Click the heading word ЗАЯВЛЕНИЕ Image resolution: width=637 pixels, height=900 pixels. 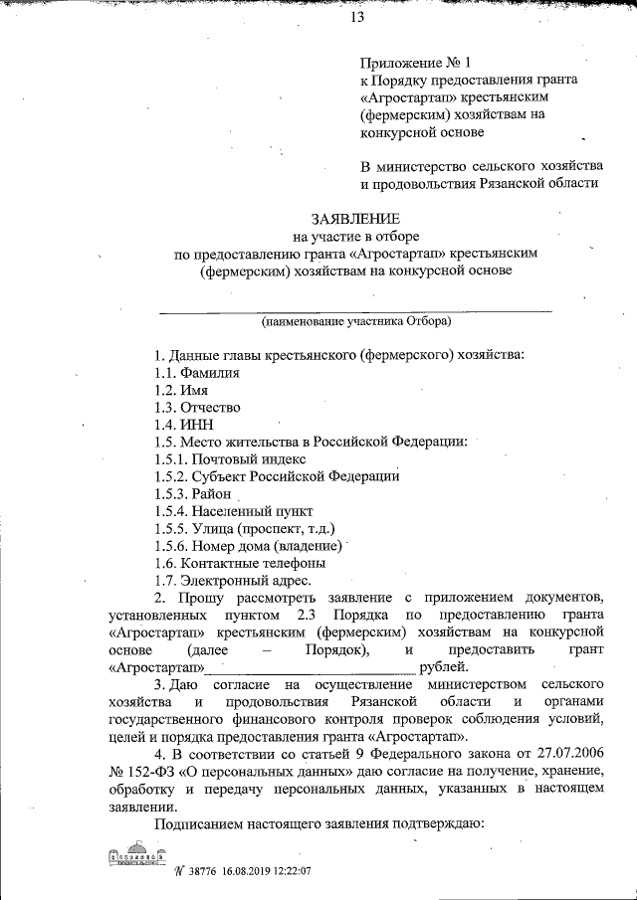(356, 219)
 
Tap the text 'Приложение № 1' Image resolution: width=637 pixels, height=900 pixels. (409, 62)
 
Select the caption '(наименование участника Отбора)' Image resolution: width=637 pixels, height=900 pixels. (356, 322)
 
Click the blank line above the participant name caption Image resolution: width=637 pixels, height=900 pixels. (356, 311)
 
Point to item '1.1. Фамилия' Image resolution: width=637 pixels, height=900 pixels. (197, 372)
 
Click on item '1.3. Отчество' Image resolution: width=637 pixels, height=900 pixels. (197, 408)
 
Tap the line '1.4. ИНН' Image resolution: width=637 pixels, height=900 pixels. (183, 425)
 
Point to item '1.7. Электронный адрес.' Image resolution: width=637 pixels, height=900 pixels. (234, 581)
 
